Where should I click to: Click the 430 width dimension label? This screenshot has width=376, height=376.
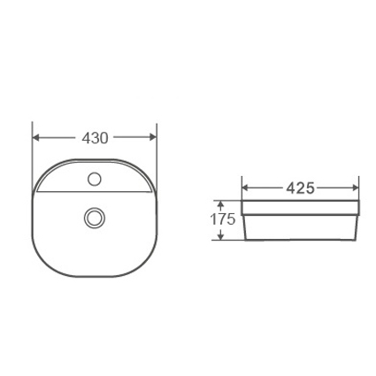coord(95,138)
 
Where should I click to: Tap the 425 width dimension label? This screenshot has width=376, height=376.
coord(301,188)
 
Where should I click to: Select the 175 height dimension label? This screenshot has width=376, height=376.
coord(222,219)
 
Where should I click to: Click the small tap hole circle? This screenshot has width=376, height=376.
coord(95,179)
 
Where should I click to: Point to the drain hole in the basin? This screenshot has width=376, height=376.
coord(95,218)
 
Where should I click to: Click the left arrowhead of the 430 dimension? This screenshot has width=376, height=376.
coord(35,137)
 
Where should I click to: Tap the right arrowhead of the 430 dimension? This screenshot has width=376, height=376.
coord(153,137)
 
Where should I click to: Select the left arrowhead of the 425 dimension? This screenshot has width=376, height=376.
coord(246,188)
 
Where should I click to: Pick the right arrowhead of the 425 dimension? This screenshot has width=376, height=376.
coord(355,188)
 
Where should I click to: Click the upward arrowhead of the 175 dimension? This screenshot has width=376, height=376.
coord(220,204)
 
